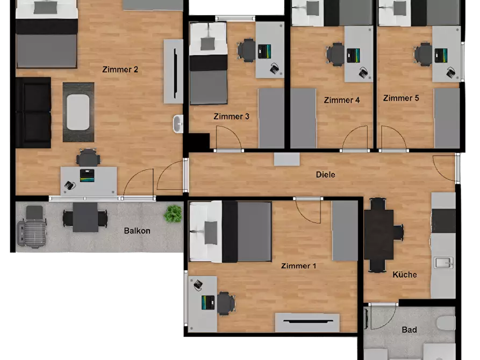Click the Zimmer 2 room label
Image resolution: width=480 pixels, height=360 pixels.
(120, 69)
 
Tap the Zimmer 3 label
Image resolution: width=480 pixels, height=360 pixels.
(232, 116)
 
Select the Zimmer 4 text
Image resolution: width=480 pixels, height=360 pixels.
(342, 100)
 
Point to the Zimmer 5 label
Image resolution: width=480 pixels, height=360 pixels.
(401, 98)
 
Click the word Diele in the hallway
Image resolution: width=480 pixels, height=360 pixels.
(325, 175)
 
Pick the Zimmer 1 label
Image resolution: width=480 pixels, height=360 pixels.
(298, 266)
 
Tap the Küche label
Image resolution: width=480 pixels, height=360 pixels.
(405, 274)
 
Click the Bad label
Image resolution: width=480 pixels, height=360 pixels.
(409, 330)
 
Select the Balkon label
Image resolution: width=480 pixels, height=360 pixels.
(137, 231)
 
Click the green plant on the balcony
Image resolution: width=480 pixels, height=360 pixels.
(173, 214)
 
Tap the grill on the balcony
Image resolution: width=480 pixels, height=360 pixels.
(32, 227)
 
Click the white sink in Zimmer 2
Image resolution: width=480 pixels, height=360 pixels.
(178, 124)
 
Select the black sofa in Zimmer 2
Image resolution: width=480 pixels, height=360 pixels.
(33, 113)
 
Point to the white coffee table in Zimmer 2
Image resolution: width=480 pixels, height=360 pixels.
(78, 112)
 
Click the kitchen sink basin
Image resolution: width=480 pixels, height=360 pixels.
(444, 263)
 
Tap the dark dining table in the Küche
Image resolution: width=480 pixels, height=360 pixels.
(378, 235)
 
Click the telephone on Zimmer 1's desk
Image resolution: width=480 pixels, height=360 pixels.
(198, 284)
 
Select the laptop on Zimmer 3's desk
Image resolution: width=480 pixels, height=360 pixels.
(264, 52)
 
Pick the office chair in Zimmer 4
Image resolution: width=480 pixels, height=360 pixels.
(335, 54)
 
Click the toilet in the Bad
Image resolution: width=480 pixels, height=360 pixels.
(446, 323)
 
